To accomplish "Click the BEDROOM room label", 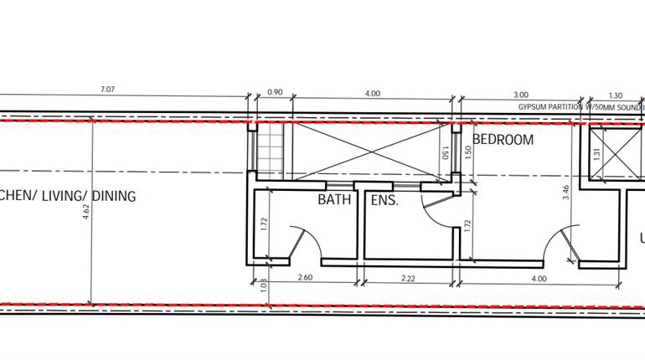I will click(503, 140).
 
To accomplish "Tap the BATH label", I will click(333, 200).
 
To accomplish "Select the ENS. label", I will click(384, 200).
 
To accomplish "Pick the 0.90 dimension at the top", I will click(274, 93).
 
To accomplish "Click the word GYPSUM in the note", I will click(534, 108).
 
